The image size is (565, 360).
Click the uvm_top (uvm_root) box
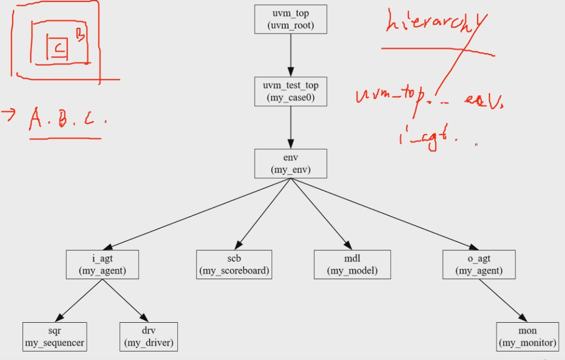point(290,19)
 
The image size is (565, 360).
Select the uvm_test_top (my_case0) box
point(290,91)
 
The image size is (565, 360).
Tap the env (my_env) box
point(290,163)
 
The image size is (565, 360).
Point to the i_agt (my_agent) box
point(102,264)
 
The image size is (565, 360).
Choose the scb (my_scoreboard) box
point(234,264)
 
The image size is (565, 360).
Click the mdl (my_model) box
point(353,264)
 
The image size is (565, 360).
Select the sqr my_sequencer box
point(54,337)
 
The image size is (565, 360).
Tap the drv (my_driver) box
point(149,337)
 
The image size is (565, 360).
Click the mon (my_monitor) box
point(527,337)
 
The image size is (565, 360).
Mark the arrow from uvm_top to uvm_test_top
point(290,55)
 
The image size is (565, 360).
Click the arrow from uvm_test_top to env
point(290,127)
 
